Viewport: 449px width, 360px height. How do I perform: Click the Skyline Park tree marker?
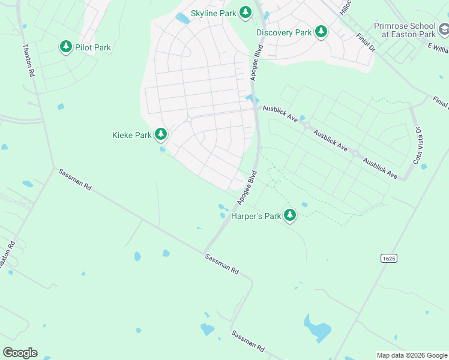(x=245, y=12)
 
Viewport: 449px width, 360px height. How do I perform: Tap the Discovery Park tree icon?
(x=321, y=32)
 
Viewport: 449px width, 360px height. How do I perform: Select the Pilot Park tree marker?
(x=65, y=47)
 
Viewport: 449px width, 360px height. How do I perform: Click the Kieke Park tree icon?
(x=160, y=134)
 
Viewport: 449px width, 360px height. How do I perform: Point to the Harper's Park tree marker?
(x=290, y=215)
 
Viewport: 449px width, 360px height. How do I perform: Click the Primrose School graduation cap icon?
(x=443, y=29)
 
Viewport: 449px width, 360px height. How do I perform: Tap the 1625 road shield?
(x=388, y=257)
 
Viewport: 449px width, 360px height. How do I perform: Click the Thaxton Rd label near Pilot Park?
(x=28, y=60)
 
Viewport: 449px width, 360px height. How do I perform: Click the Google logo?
(x=20, y=353)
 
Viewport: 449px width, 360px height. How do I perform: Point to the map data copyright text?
(x=412, y=355)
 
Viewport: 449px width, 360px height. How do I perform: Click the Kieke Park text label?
(x=132, y=135)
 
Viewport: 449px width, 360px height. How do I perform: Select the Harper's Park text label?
(x=256, y=216)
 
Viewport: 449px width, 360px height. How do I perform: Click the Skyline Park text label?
(x=213, y=13)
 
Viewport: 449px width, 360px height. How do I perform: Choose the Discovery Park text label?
(x=284, y=32)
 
